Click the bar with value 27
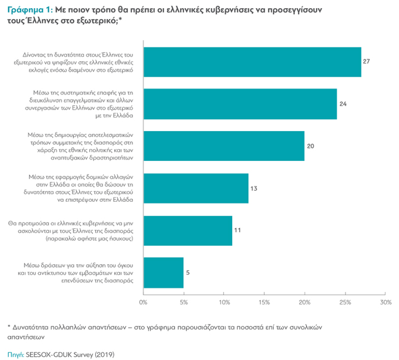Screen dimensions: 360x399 [252, 61]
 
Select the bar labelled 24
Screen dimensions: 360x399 [240, 103]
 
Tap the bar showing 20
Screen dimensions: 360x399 [223, 146]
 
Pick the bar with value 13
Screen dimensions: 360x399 [196, 188]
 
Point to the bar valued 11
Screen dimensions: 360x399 [188, 231]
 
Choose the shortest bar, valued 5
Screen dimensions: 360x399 [163, 272]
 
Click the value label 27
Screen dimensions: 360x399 [366, 61]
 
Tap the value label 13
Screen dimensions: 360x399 [253, 188]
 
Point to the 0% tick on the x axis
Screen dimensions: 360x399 [143, 302]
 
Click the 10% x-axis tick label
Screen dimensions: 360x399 [223, 302]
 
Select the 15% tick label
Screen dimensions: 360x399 [264, 302]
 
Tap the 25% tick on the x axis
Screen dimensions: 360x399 [345, 302]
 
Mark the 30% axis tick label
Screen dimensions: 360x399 [385, 302]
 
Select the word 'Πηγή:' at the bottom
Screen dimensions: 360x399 [15, 353]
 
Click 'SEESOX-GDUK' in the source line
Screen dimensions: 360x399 [51, 353]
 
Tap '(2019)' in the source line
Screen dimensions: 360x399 [105, 353]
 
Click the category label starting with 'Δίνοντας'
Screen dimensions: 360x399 [75, 62]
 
